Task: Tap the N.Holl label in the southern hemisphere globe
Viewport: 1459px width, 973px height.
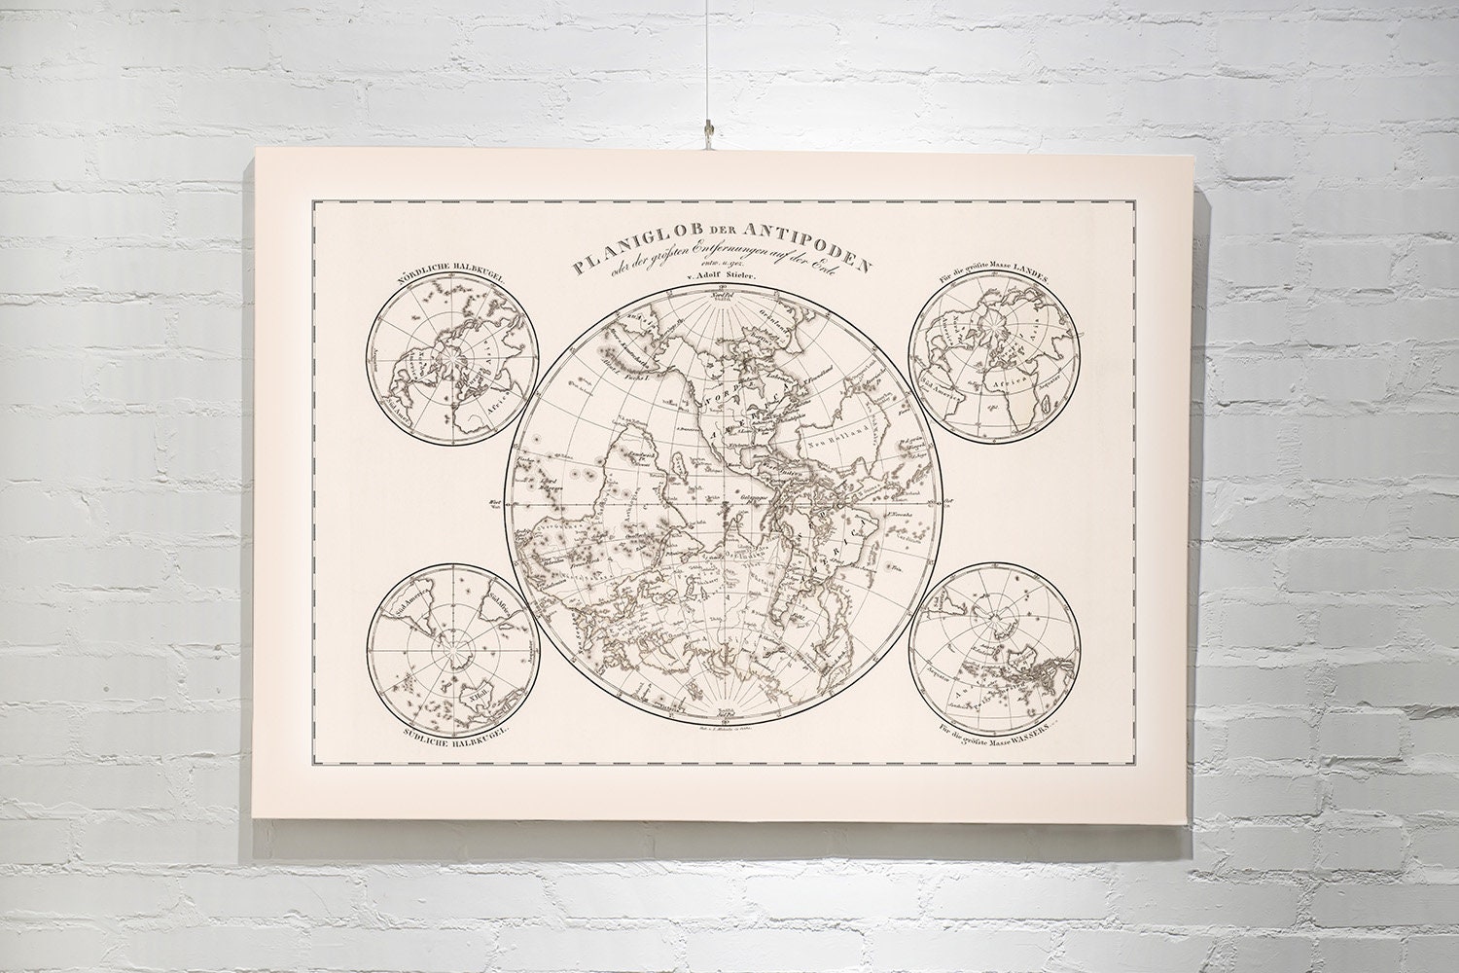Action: click(x=478, y=692)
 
